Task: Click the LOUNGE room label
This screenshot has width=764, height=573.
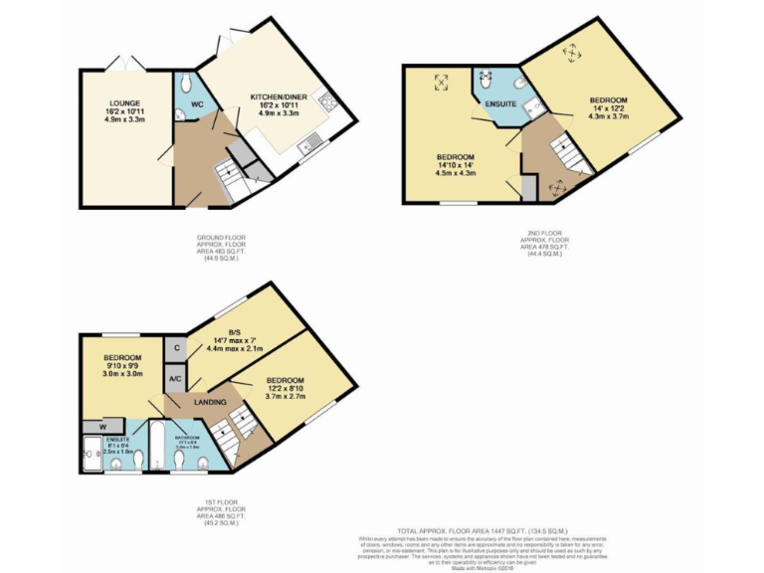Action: click(x=124, y=102)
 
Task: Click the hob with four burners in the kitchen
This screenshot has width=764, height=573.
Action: click(x=325, y=100)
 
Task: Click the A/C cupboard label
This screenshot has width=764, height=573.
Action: click(x=174, y=379)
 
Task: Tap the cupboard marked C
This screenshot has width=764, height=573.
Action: click(x=174, y=347)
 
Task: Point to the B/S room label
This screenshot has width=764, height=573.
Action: click(x=235, y=332)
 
